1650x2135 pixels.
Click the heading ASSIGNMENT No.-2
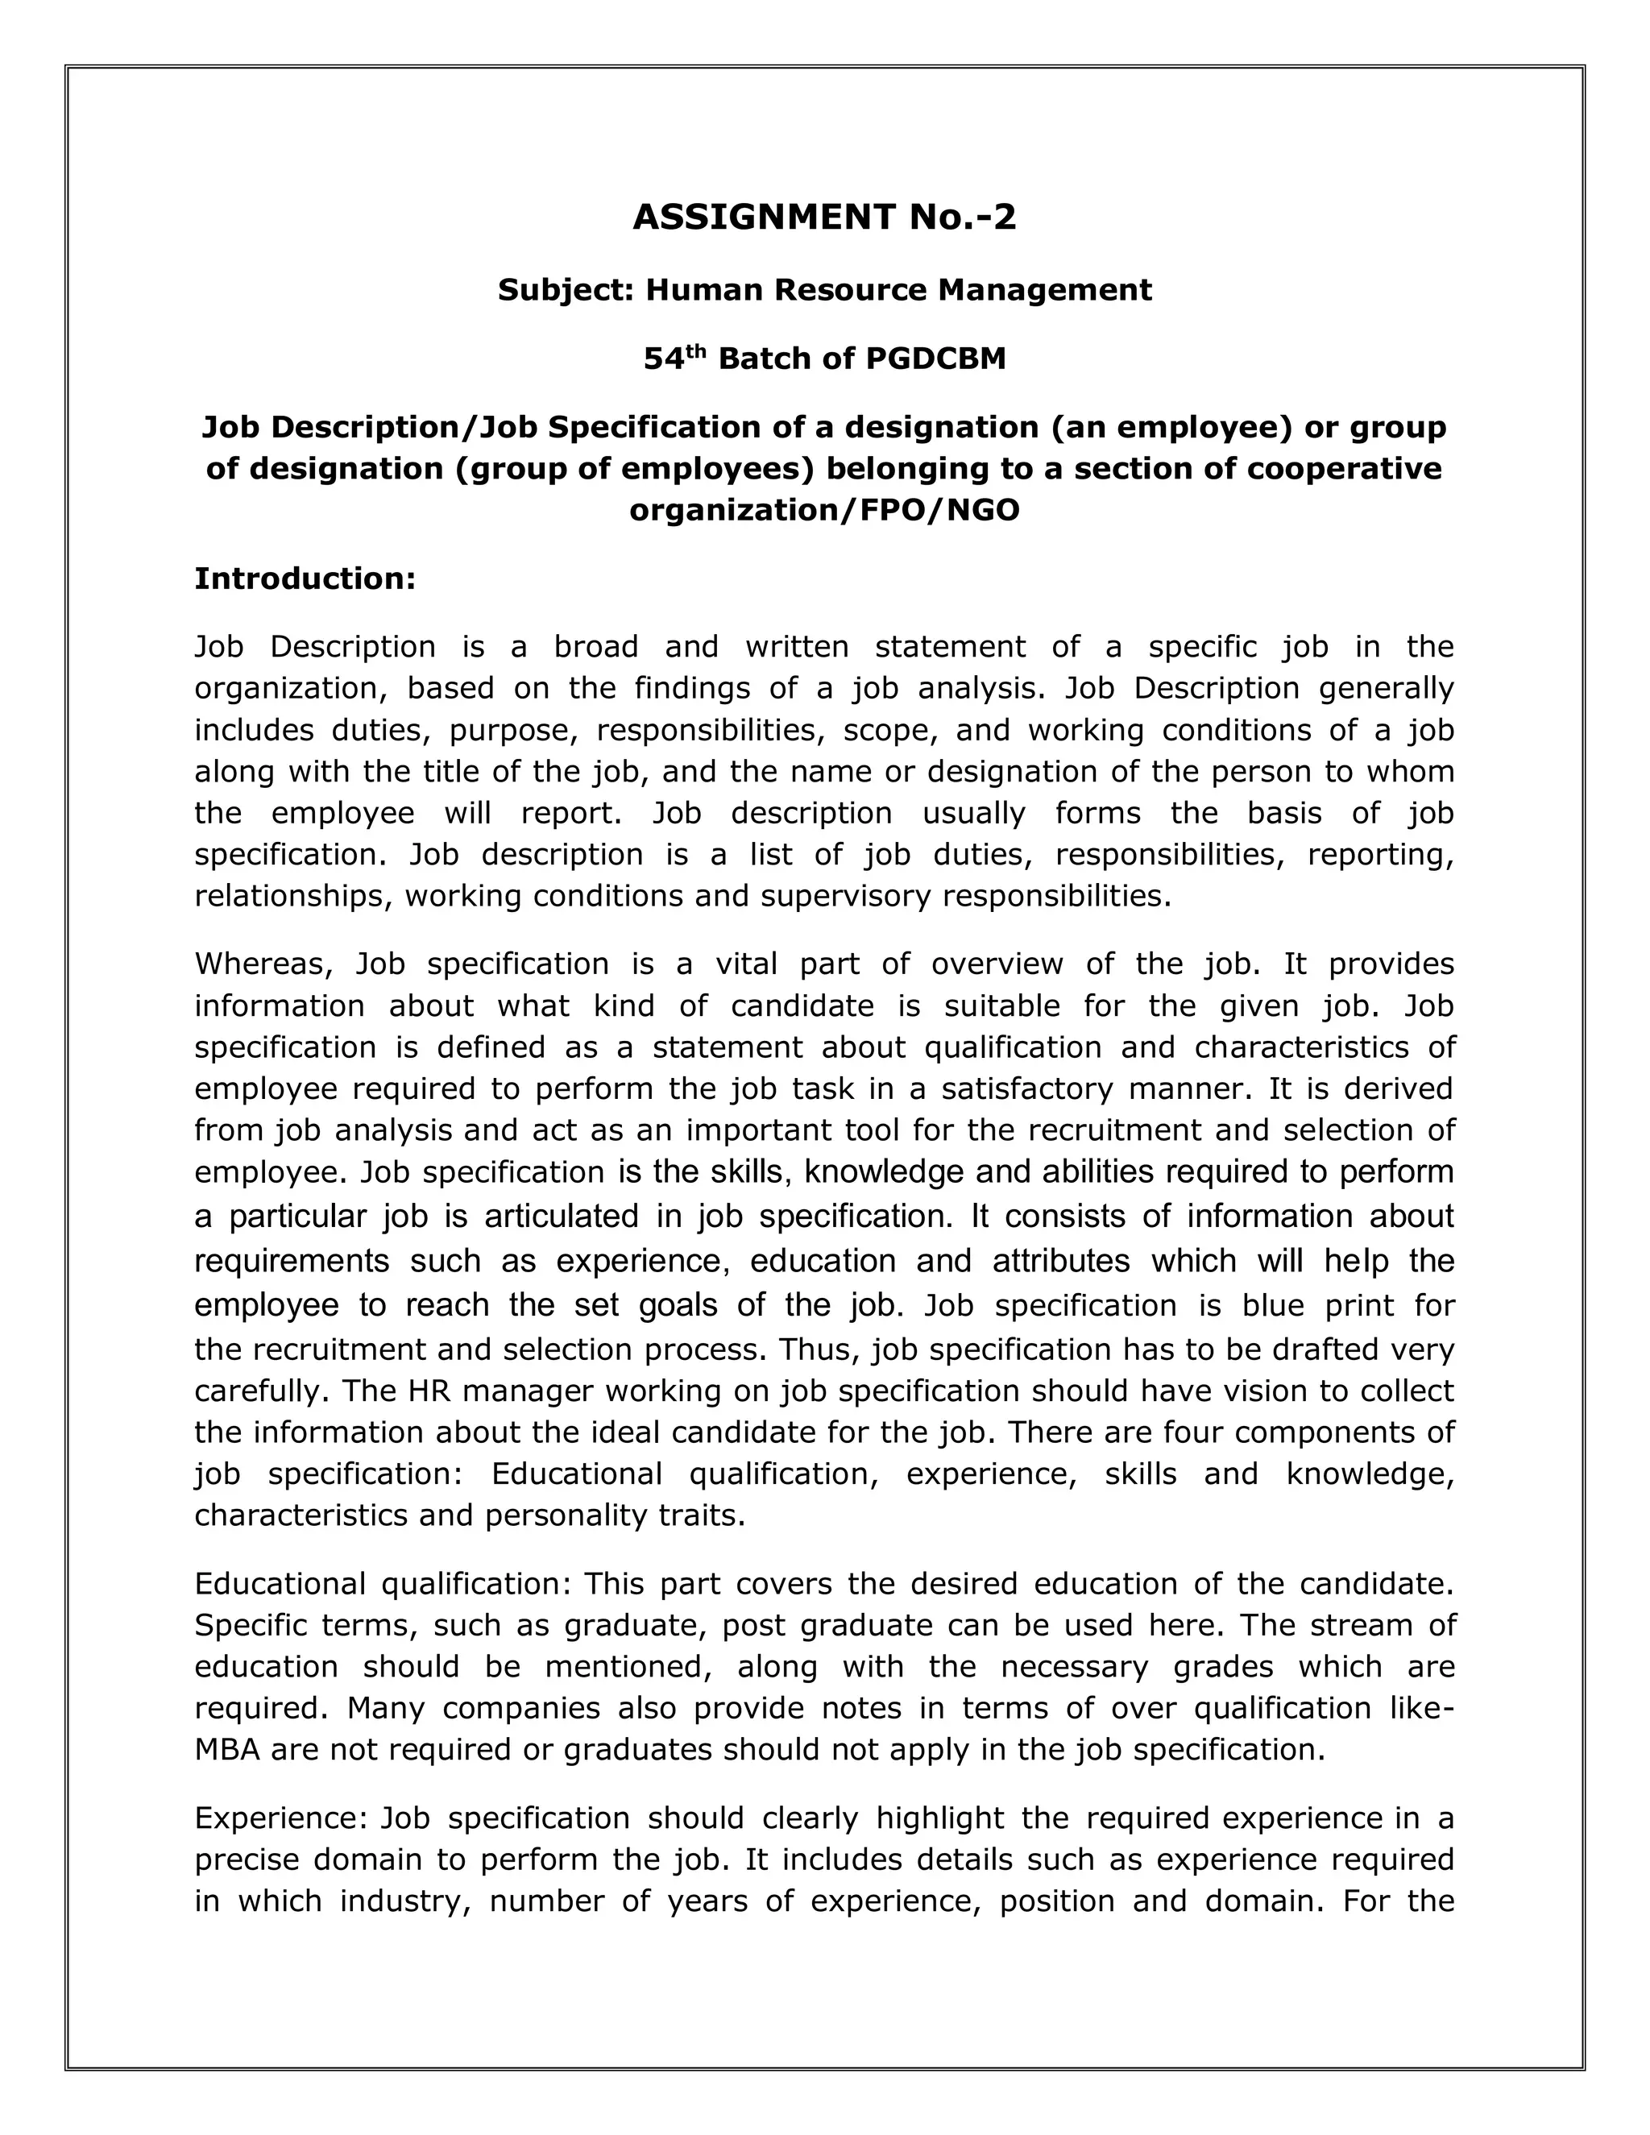tap(824, 217)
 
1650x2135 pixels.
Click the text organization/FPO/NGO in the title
tap(824, 510)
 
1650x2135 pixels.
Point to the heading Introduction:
tap(305, 578)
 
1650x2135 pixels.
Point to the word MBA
tap(226, 1750)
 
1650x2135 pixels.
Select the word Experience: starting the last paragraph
tap(280, 1818)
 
